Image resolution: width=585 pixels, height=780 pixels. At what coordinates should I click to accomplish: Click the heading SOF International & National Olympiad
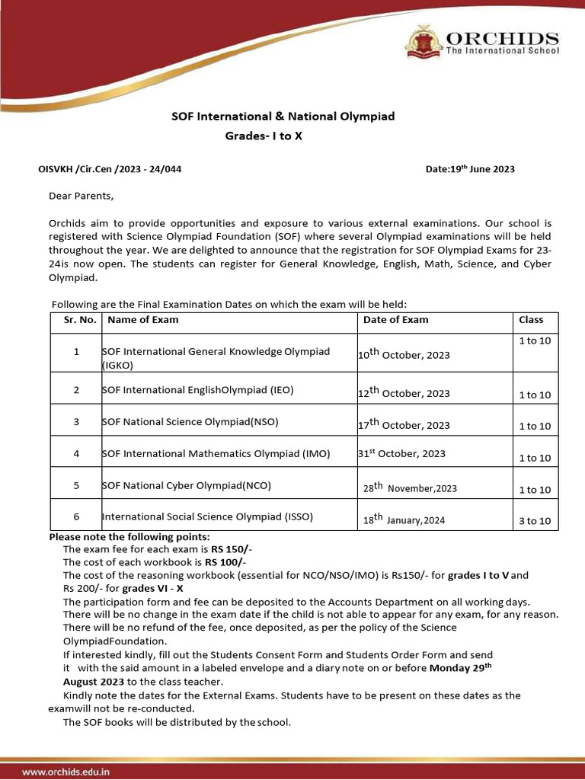click(x=282, y=117)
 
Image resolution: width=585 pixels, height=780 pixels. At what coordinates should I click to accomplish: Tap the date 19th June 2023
click(x=470, y=169)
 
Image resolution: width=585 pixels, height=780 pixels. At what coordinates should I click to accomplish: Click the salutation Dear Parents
click(x=81, y=196)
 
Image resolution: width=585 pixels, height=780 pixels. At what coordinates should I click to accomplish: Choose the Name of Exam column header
click(x=143, y=320)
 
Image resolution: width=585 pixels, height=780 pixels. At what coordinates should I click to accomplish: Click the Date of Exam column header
click(x=396, y=320)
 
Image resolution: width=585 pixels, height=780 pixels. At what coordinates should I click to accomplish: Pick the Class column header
click(x=531, y=320)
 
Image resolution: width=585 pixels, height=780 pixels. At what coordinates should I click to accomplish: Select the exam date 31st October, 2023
click(x=401, y=453)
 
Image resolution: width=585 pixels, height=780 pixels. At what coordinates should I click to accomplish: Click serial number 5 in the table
click(x=76, y=485)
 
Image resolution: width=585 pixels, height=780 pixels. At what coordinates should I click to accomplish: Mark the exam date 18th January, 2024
click(x=404, y=520)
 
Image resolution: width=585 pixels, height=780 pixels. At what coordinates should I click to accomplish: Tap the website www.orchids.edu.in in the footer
click(x=66, y=772)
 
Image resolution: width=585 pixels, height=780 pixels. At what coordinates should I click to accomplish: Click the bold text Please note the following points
click(x=125, y=536)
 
